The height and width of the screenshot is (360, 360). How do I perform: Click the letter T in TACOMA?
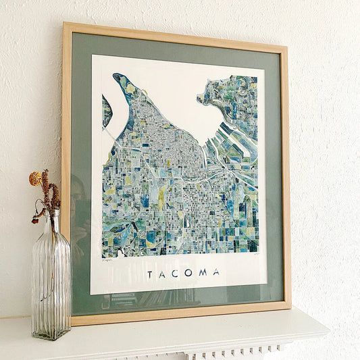150,274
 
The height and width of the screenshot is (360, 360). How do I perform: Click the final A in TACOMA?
217,272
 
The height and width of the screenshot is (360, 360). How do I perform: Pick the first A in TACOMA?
163,274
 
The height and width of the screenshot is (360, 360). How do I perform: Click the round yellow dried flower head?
35,178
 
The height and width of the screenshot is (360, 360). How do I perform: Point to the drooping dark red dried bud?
34,220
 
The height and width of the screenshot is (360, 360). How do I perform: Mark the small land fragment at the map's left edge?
106,111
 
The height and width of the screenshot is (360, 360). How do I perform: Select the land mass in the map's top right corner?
233,98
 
